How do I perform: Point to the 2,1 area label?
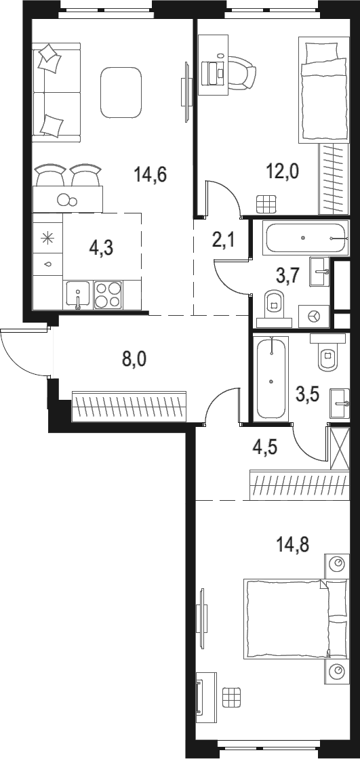coord(223,239)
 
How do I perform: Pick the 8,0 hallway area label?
coord(134,358)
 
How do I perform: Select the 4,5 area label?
coord(264,448)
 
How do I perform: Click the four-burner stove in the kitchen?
coord(107,295)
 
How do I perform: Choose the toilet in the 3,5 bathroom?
coord(327,356)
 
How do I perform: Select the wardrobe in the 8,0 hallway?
coord(129,407)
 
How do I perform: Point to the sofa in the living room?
coord(56,90)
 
